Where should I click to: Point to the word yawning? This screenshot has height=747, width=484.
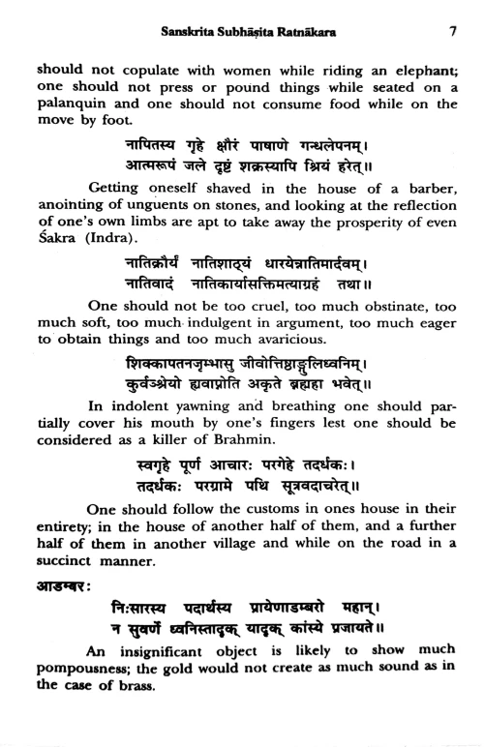180,434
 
